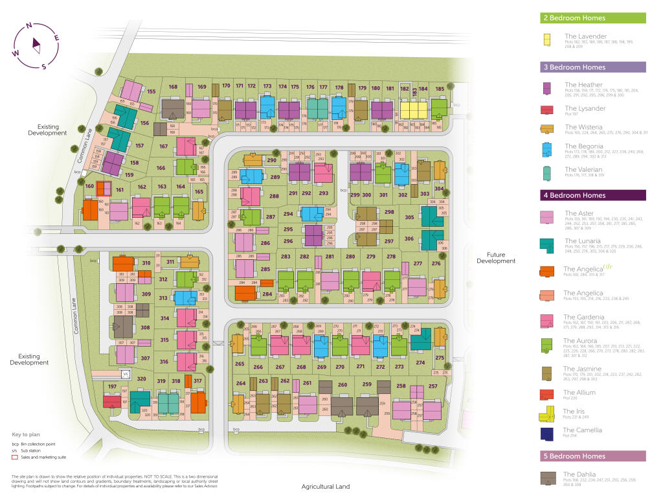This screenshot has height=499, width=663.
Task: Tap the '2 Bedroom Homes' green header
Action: (x=593, y=18)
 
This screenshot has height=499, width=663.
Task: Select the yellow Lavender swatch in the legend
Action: (x=547, y=39)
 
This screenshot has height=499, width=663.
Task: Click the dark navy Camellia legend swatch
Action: (x=547, y=433)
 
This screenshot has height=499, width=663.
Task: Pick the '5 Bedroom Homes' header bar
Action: (x=593, y=456)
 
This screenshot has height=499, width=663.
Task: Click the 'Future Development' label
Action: (x=496, y=258)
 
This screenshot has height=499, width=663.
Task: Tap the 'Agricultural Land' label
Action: (x=326, y=487)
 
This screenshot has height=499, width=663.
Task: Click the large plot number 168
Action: (x=173, y=87)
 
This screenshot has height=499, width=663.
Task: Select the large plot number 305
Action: (x=409, y=218)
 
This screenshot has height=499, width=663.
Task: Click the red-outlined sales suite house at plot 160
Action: (x=104, y=189)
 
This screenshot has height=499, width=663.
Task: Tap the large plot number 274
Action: (x=420, y=363)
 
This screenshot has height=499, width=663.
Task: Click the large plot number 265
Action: (x=240, y=364)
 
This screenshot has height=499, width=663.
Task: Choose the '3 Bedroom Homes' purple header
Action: (x=593, y=67)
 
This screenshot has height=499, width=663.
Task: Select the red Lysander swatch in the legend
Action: (x=547, y=110)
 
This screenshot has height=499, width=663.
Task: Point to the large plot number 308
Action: (x=145, y=328)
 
